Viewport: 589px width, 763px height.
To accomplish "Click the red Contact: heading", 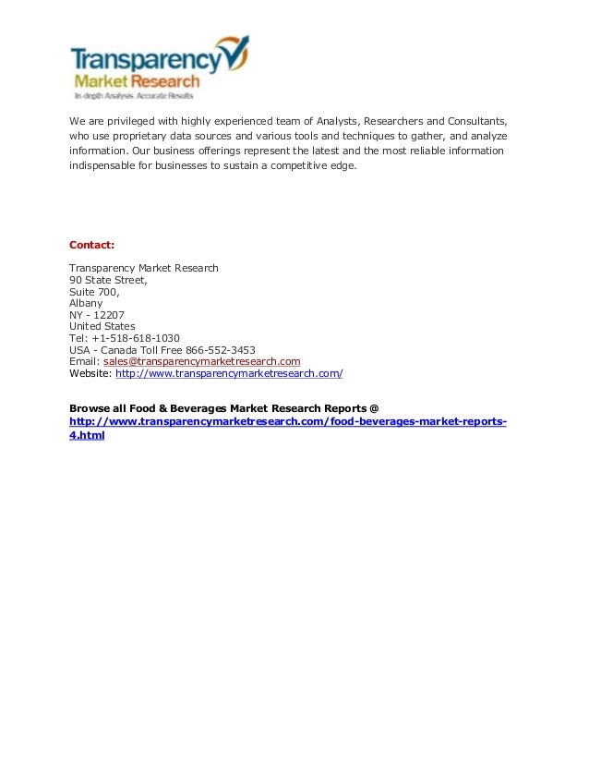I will click(x=92, y=245).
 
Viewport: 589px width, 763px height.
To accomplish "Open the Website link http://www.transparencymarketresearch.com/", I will click(x=229, y=373).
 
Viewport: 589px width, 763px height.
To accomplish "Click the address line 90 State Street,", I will click(x=108, y=280).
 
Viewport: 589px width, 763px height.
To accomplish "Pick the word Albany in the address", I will click(x=86, y=303).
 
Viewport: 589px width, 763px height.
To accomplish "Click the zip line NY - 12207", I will click(x=97, y=315).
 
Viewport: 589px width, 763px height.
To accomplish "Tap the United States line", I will click(x=102, y=326).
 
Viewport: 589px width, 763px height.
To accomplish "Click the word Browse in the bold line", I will click(x=89, y=407).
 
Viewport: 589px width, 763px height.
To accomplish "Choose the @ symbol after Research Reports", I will click(x=374, y=407).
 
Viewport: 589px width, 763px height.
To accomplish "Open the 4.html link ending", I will click(x=87, y=435).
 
